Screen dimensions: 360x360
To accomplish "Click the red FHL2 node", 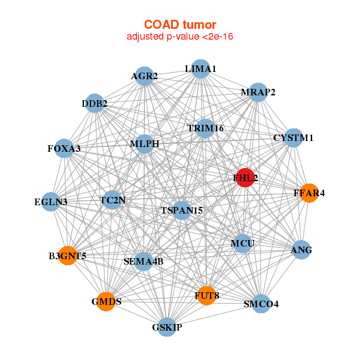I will click(x=245, y=178).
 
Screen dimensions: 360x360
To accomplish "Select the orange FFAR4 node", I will click(x=309, y=193).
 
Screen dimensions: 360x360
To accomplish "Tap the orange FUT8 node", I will click(x=206, y=295).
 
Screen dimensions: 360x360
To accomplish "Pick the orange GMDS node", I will click(x=107, y=301).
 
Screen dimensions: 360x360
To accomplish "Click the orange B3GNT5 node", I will click(x=68, y=256).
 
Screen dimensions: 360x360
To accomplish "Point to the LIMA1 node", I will click(x=200, y=69).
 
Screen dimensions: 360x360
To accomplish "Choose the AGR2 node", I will click(x=145, y=76).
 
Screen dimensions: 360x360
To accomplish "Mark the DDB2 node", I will click(x=95, y=104).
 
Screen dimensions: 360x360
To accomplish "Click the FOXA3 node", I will click(x=64, y=148).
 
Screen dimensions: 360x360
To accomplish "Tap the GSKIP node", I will click(x=167, y=328).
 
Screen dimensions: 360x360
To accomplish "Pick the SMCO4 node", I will click(x=261, y=304).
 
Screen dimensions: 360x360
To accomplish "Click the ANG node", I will click(x=301, y=250).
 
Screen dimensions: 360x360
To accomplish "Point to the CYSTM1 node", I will click(x=293, y=138).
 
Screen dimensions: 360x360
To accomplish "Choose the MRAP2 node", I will click(x=258, y=92).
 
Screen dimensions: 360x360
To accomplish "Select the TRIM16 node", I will click(x=205, y=128).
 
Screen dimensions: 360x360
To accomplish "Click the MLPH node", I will click(x=145, y=144).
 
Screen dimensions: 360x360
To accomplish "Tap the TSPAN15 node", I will click(x=182, y=210).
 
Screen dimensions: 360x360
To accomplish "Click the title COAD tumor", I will click(x=180, y=25).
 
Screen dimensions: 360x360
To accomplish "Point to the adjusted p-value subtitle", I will click(x=180, y=37).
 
